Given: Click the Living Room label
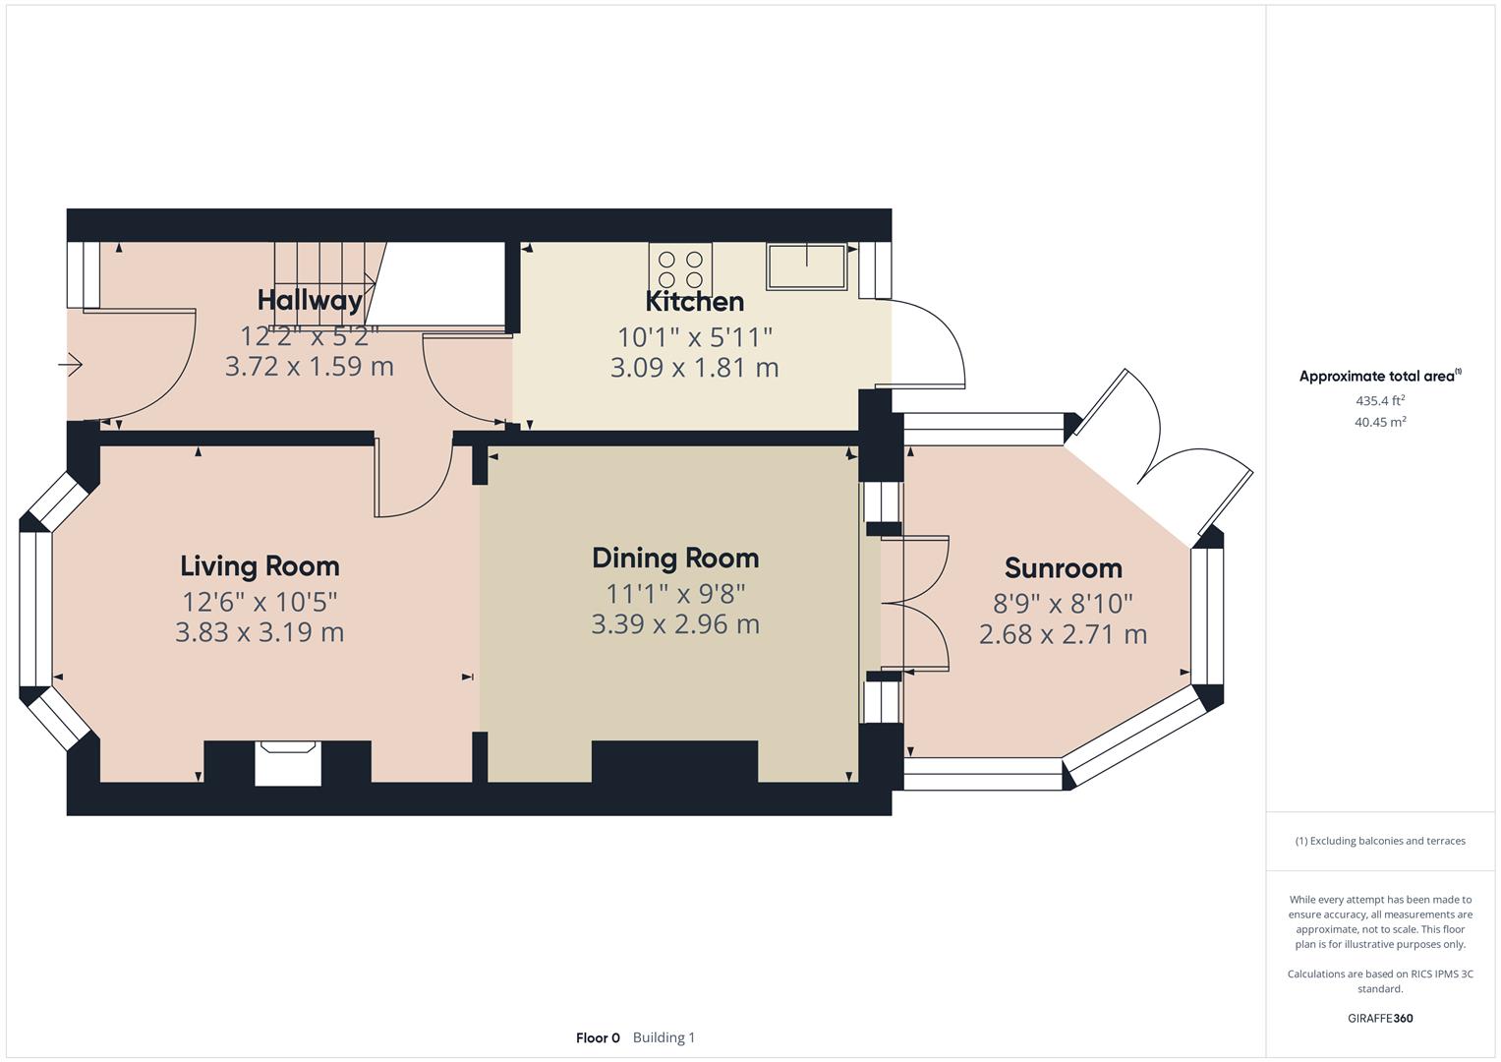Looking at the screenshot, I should point(260,566).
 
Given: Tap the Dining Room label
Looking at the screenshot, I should point(675,559).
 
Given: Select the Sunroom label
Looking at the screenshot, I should point(1063,568).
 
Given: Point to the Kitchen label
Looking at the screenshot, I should point(694,301).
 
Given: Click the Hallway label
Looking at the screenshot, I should point(310,300).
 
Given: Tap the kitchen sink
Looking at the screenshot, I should point(807,266).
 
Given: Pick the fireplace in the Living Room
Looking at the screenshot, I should point(288,763).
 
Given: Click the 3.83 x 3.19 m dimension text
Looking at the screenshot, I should point(260,632).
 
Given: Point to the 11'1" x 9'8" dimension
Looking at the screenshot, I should point(675,594).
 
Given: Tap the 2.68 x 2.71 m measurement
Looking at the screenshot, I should point(1063,634).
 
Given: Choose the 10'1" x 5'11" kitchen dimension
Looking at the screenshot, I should point(694,337).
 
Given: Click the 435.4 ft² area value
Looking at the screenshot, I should point(1380,400).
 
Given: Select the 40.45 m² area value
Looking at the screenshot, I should point(1380,422).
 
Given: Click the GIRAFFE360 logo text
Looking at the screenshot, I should point(1380,1018).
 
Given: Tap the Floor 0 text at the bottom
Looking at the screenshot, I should point(598,1037).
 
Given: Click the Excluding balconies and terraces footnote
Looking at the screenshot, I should point(1380,841).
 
